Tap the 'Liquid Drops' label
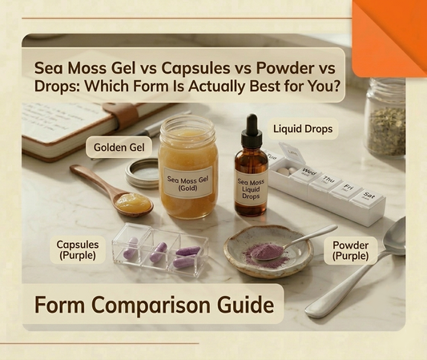(304, 128)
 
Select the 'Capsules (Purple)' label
(78, 249)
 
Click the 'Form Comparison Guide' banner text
(153, 305)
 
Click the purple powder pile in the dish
(264, 253)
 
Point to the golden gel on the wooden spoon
(133, 202)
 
